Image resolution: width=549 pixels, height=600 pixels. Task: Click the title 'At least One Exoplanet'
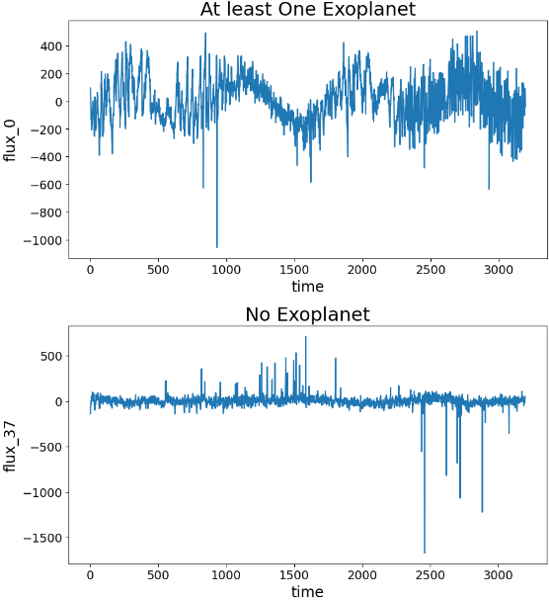[307, 10]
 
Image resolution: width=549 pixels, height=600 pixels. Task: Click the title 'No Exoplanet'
[307, 315]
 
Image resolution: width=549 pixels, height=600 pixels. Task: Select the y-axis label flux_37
[12, 447]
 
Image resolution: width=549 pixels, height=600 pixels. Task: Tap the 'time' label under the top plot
[307, 286]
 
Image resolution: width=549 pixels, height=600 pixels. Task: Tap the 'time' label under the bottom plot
[307, 591]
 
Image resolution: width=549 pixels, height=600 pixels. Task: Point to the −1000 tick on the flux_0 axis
[45, 240]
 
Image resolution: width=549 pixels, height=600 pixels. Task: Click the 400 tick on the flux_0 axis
[51, 46]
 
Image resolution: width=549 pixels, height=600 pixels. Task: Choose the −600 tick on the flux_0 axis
[48, 185]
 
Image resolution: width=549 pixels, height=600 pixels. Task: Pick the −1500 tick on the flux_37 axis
[45, 538]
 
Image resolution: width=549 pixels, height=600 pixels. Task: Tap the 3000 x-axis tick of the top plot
[499, 268]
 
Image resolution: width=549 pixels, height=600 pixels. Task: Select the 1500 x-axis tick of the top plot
[294, 268]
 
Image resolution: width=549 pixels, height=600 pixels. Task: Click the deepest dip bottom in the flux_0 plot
[217, 247]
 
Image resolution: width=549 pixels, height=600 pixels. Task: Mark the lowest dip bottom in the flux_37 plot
[425, 553]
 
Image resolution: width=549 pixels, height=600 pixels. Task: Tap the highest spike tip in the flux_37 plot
[305, 337]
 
